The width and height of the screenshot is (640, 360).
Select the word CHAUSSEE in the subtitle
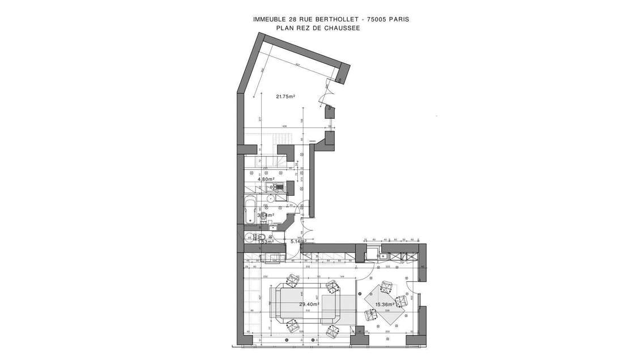(343, 28)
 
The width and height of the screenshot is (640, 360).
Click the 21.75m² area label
(285, 97)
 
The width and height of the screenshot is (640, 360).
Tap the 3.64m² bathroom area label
(266, 215)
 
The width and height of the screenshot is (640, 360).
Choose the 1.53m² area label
(265, 242)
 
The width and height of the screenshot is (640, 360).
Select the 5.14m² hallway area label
(298, 242)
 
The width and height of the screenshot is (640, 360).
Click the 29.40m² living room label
(309, 304)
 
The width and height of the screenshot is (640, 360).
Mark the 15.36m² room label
(385, 305)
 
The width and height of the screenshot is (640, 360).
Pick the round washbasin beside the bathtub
(271, 199)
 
